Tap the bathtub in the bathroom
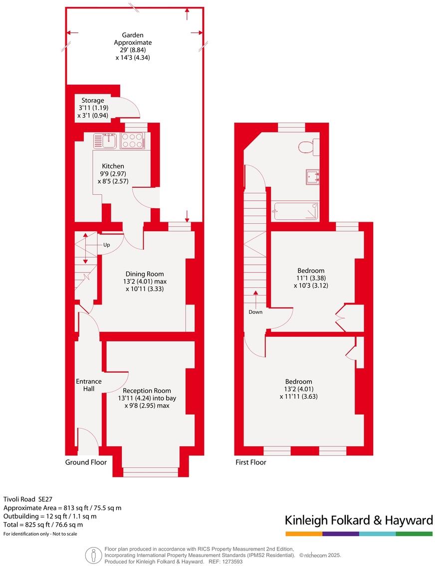(296, 211)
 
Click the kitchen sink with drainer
(105, 140)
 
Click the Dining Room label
(145, 274)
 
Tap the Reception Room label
(147, 391)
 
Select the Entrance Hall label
(88, 385)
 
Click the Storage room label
(93, 100)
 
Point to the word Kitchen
(113, 166)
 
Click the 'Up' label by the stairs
(107, 245)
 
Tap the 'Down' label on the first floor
(255, 312)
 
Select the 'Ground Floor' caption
(86, 462)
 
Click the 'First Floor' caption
(250, 462)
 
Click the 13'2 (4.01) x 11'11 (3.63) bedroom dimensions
(299, 393)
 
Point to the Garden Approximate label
(133, 39)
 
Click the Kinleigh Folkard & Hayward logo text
(359, 521)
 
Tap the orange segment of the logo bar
(303, 534)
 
